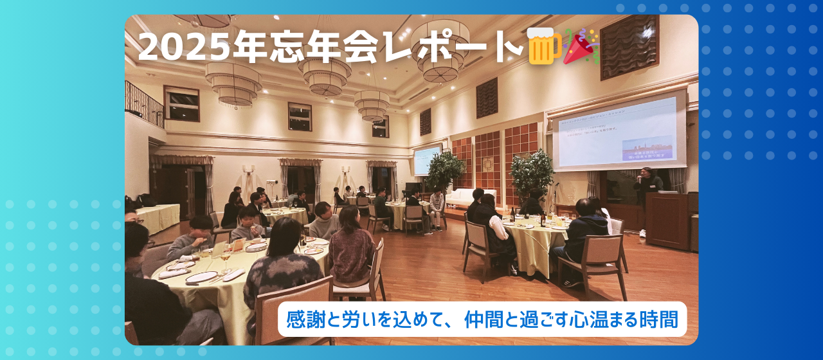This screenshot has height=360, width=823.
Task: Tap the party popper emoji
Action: [581, 46]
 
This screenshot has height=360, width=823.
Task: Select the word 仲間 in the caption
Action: [484, 319]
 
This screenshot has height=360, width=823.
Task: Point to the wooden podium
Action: [667, 219]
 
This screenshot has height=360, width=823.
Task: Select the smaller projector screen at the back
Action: [427, 160]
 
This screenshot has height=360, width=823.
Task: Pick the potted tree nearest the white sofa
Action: [444, 171]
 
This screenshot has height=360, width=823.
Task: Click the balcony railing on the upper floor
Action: [143, 103]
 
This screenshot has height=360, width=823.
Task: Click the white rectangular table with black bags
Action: [157, 217]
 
